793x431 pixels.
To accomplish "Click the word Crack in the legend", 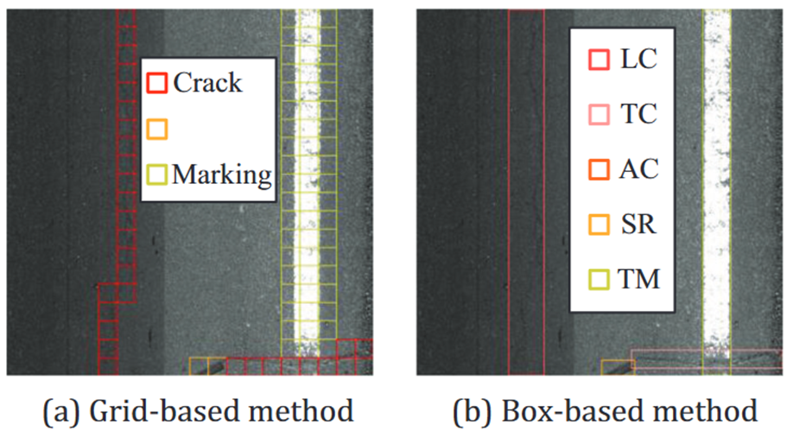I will click(207, 83).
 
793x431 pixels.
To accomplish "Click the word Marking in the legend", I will click(222, 175).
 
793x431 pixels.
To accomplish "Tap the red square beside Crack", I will click(156, 83).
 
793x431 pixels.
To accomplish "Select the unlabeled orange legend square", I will click(156, 130).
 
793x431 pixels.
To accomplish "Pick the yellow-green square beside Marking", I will click(156, 175).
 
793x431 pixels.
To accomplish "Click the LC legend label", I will click(638, 60).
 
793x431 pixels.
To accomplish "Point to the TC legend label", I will click(638, 114).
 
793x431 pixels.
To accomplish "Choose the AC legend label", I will click(638, 169).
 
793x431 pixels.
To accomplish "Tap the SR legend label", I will click(638, 225).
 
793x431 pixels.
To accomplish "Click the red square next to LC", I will click(600, 60).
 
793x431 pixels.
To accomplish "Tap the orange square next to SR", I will click(600, 225).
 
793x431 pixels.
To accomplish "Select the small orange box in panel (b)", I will click(618, 367).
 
